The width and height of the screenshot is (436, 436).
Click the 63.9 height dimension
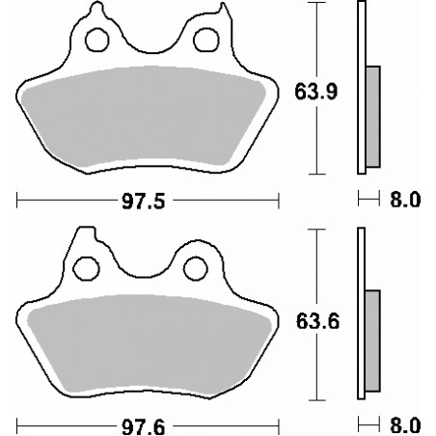[316, 92]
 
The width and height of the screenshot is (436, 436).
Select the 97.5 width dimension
[144, 202]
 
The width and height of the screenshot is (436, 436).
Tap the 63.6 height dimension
[317, 321]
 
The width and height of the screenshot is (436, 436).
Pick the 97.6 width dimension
[144, 427]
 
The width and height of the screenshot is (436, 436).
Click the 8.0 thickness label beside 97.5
[405, 200]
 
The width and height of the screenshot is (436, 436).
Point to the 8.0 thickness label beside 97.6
[405, 425]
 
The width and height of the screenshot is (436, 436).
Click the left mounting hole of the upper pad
[97, 40]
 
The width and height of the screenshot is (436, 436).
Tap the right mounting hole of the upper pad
[206, 40]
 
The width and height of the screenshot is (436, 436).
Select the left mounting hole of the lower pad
[86, 268]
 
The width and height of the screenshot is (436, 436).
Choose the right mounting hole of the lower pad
[196, 268]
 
